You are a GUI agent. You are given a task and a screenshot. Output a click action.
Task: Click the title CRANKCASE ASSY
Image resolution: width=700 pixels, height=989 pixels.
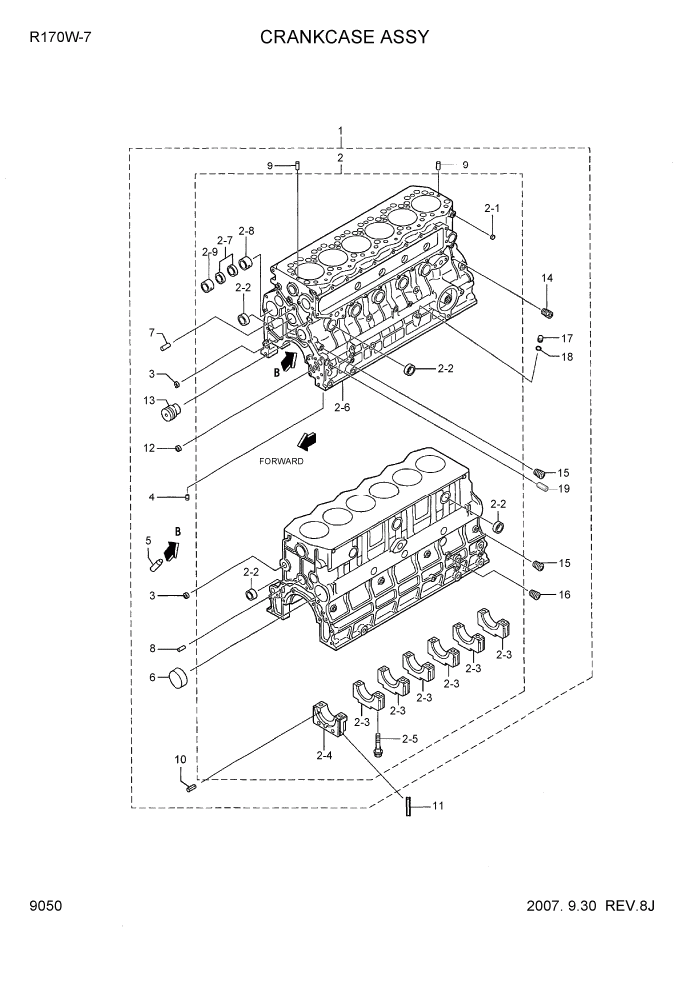(344, 38)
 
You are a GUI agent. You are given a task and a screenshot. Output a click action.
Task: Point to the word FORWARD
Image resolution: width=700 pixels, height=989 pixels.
(281, 462)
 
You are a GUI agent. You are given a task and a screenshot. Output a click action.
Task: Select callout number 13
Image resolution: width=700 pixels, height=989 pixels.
(149, 402)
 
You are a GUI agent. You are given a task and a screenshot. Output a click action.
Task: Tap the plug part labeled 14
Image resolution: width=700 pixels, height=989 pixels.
(546, 304)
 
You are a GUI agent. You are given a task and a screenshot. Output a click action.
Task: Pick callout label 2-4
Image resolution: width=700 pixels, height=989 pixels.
(324, 756)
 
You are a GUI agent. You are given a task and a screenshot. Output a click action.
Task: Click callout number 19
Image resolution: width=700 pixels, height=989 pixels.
(563, 488)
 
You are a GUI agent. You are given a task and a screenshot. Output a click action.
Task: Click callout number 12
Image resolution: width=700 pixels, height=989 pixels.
(148, 448)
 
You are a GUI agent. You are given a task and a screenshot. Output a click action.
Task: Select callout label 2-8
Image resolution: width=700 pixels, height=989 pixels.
(246, 231)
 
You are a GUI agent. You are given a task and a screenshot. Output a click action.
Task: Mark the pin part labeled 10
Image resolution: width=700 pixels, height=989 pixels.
(190, 787)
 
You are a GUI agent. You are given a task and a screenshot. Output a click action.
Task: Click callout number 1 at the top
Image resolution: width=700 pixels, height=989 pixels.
(341, 131)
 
